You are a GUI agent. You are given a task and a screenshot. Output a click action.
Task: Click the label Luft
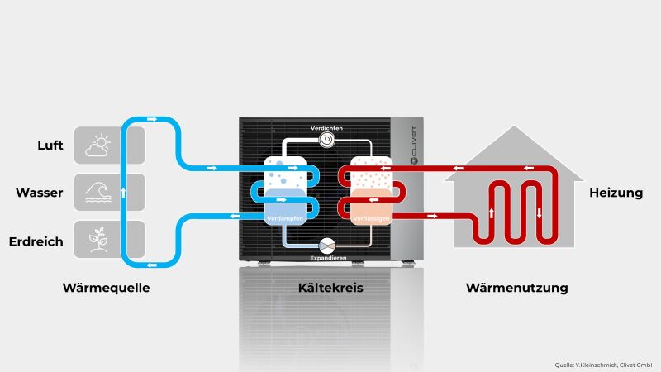[50, 145]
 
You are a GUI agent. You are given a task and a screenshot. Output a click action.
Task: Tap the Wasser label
[40, 193]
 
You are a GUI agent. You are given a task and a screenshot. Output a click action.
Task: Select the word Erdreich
[36, 241]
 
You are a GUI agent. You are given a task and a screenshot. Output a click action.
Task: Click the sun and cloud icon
[97, 146]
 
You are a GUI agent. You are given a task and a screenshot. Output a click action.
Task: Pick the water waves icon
[97, 193]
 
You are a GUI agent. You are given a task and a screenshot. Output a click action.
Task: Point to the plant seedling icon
[97, 240]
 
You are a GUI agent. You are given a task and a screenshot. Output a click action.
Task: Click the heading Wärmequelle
[110, 288]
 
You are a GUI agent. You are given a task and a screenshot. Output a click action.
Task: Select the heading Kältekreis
[330, 288]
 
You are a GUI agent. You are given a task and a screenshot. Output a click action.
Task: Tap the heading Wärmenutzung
[516, 288]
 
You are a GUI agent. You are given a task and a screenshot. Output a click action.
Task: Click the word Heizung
[616, 193]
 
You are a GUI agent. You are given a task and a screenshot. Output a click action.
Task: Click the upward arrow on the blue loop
[123, 193]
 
